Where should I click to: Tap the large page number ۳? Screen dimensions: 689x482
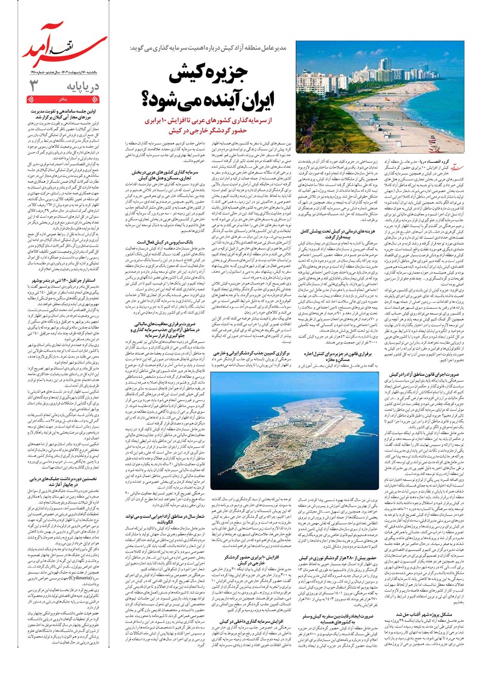coord(35,86)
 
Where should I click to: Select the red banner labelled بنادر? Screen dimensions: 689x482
coord(62,98)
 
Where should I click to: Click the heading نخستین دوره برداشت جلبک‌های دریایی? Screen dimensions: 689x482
coord(63,481)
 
